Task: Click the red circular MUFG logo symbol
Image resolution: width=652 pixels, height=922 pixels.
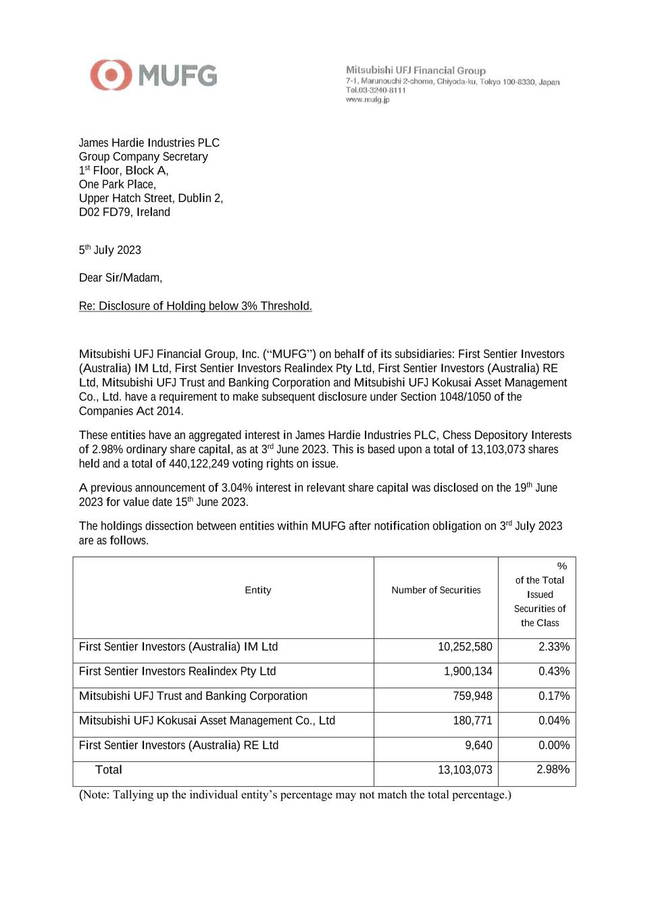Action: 111,75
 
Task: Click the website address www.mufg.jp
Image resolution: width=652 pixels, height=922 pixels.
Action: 368,100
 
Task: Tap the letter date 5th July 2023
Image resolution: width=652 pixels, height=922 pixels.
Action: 110,250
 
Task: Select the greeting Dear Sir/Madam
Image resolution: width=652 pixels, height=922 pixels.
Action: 120,278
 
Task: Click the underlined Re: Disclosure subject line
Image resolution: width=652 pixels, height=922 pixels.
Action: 195,306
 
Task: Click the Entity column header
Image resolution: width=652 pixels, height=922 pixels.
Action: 257,590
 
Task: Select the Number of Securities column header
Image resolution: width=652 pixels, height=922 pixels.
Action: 436,590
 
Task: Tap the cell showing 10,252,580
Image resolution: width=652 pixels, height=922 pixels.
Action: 465,647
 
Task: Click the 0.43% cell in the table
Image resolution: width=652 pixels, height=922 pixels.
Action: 554,671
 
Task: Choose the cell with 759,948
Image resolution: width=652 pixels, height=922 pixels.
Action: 472,696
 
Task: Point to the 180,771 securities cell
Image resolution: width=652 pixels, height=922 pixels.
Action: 472,721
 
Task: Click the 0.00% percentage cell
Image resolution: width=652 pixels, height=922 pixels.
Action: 554,746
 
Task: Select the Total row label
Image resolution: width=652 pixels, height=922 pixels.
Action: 109,770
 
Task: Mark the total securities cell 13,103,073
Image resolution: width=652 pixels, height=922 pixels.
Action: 465,770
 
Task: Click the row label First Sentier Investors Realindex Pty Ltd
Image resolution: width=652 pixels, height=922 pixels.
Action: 177,671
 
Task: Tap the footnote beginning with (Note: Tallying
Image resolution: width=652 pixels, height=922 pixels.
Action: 295,795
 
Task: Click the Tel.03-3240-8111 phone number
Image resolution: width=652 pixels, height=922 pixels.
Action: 376,91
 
